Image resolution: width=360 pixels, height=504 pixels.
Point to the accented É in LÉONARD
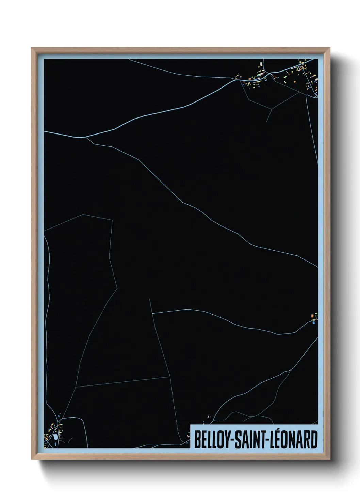pyautogui.click(x=280, y=439)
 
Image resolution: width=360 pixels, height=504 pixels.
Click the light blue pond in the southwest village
pyautogui.click(x=54, y=437)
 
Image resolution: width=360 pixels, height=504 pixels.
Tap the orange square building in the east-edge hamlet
pyautogui.click(x=312, y=317)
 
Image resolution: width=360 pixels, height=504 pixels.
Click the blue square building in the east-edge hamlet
pyautogui.click(x=313, y=322)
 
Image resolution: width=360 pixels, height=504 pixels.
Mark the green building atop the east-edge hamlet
pyautogui.click(x=316, y=314)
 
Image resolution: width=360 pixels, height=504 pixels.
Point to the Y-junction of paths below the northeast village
pyautogui.click(x=271, y=109)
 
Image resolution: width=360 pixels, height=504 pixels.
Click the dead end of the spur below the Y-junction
pyautogui.click(x=266, y=122)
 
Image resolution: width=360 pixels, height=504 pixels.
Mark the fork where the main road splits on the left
pyautogui.click(x=85, y=137)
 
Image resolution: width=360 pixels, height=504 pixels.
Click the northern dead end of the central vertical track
pyautogui.click(x=149, y=299)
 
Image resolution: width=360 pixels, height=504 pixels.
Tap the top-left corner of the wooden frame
pyautogui.click(x=32, y=48)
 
